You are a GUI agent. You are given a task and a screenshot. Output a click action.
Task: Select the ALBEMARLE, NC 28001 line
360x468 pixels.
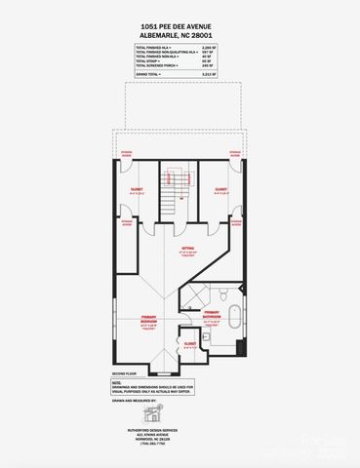(180, 38)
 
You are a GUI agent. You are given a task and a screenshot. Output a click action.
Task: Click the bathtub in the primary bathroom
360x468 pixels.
(235, 318)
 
